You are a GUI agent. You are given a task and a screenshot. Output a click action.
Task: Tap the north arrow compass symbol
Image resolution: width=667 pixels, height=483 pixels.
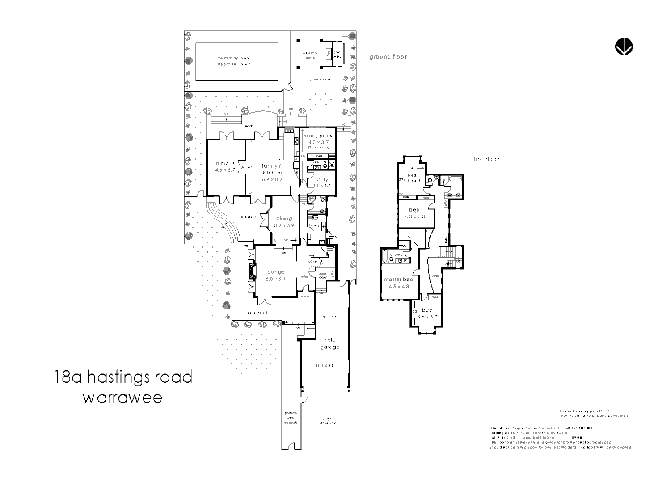click(x=624, y=47)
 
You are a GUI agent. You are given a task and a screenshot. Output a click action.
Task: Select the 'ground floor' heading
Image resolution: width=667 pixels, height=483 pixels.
click(x=388, y=57)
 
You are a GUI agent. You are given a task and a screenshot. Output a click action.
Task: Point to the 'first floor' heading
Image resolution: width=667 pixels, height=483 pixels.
click(x=486, y=159)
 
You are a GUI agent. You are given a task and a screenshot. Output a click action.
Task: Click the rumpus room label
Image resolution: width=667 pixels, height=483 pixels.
click(x=225, y=164)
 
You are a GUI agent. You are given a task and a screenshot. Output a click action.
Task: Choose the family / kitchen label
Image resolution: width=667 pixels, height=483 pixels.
click(x=272, y=169)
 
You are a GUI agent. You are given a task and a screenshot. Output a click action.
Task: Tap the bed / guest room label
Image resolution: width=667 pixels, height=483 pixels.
click(x=318, y=136)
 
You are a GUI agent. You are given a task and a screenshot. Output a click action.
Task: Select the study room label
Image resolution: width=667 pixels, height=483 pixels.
click(x=321, y=180)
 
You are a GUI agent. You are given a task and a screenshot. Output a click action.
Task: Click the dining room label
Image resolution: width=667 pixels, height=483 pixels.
click(x=284, y=219)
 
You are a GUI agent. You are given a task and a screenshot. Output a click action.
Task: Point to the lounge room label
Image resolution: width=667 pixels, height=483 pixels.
click(x=275, y=272)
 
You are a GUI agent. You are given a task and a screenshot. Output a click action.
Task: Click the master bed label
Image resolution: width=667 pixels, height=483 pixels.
click(x=398, y=280)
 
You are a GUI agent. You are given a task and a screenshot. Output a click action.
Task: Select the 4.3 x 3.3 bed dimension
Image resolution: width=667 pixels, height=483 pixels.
click(x=414, y=216)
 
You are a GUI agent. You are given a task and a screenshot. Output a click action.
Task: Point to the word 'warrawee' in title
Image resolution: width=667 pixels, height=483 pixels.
click(x=122, y=398)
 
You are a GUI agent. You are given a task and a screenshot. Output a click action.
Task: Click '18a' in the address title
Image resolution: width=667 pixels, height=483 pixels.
click(x=68, y=377)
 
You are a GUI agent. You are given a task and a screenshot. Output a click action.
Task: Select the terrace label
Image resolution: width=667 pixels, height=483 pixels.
click(x=249, y=217)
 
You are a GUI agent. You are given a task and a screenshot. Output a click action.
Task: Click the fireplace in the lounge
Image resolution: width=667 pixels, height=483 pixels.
click(x=253, y=271)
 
